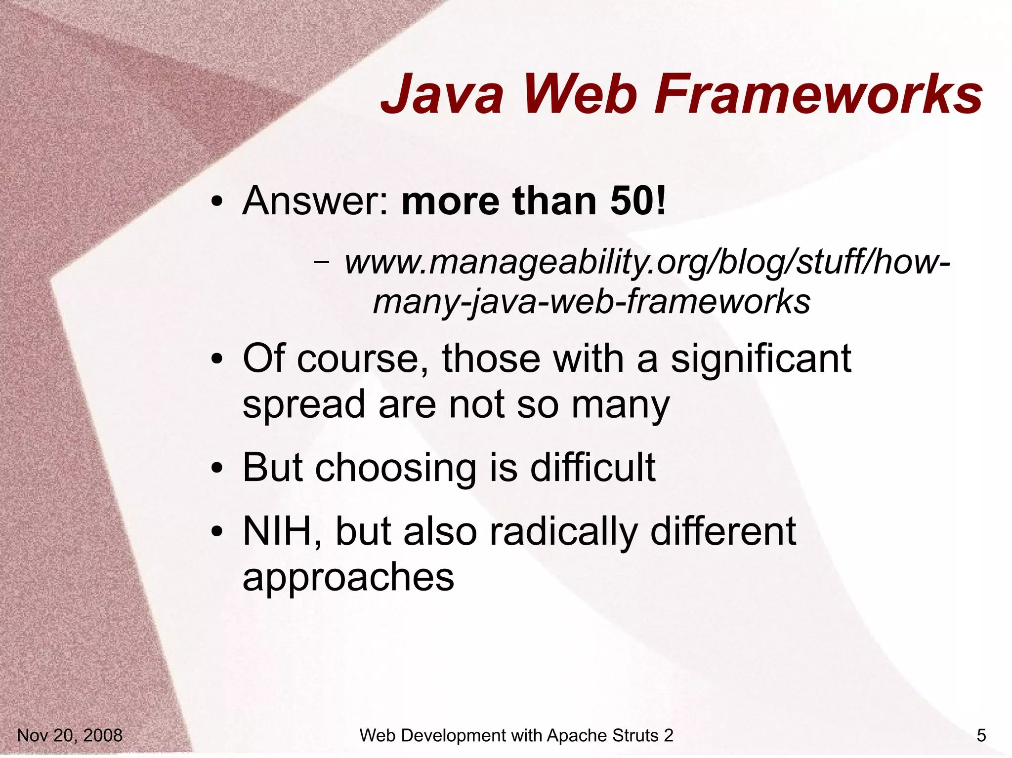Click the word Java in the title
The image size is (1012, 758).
[442, 94]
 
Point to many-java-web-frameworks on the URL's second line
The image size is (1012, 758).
[591, 302]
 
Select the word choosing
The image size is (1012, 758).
[395, 468]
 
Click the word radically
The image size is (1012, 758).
[563, 532]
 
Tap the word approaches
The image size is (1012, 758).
[348, 578]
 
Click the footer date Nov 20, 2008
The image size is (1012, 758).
[70, 735]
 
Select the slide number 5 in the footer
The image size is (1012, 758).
[981, 735]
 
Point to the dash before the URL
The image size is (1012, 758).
[322, 262]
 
